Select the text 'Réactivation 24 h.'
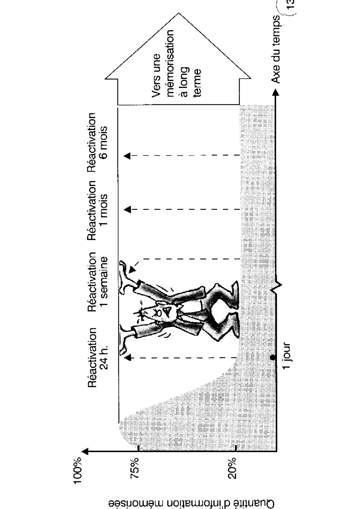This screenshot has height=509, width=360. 98,357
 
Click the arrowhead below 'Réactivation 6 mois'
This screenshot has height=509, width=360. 127,156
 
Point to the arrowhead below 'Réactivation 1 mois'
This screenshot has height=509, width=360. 127,210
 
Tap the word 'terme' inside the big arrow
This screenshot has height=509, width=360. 198,83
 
